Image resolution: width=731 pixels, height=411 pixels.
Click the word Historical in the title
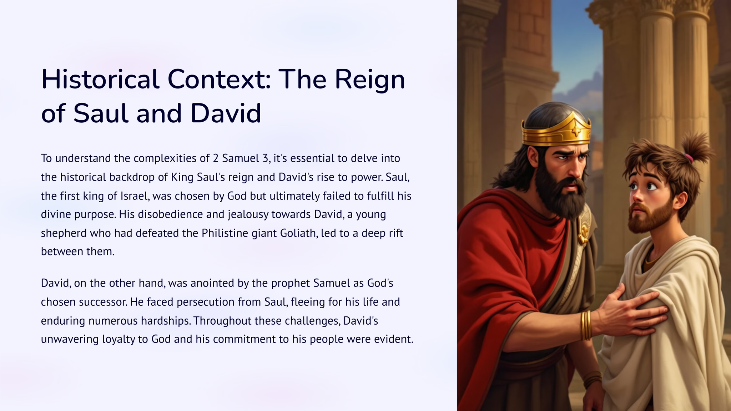100,79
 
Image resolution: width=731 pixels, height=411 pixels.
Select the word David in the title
226,113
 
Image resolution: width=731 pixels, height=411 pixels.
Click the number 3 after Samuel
265,158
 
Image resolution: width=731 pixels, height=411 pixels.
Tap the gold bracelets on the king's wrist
586,325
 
